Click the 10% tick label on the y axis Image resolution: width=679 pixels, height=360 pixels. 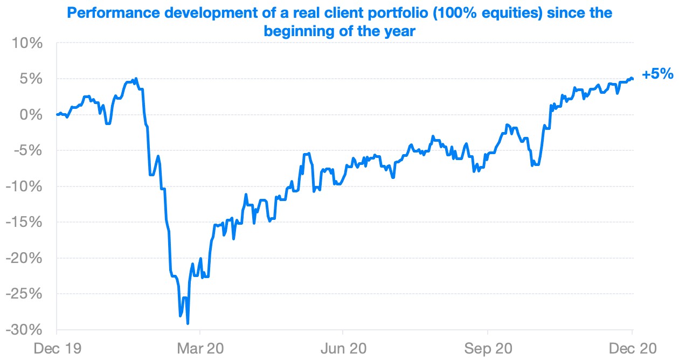[26, 43]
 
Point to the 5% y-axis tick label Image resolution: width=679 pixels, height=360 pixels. [30, 79]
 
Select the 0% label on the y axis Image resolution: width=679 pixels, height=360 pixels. [30, 115]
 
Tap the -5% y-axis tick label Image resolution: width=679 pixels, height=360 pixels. [28, 150]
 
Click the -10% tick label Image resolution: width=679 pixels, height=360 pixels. [24, 186]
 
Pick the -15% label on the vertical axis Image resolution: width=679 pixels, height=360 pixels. [24, 222]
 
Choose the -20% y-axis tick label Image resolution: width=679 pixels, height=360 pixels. [24, 258]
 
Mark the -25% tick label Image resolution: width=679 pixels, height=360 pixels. [24, 294]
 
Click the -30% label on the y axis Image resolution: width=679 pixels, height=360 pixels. [24, 330]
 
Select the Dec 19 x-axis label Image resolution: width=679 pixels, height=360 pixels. [57, 348]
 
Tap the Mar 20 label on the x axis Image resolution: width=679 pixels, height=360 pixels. [200, 348]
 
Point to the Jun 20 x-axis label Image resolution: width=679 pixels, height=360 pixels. [343, 348]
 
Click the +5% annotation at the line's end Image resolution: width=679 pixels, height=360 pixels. [657, 74]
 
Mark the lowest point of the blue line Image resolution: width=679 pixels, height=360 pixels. [188, 323]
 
